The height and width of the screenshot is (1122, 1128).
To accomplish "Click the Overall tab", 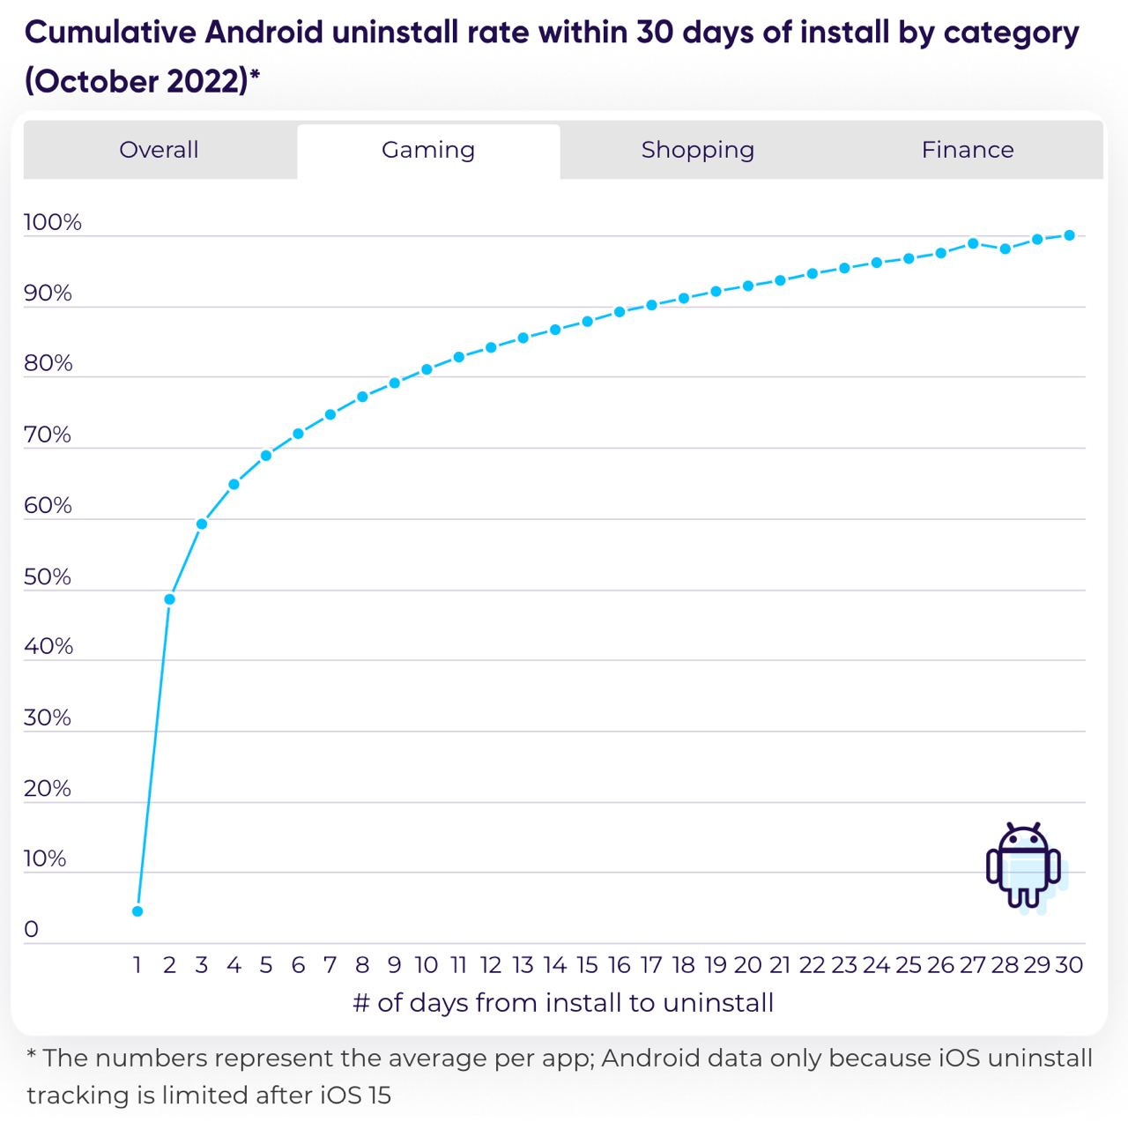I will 159,150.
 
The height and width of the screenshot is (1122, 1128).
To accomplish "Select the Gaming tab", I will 428,150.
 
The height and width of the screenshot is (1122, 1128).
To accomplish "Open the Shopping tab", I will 697,150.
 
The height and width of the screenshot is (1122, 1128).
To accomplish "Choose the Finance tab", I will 967,150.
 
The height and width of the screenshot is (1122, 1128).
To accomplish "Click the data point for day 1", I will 137,911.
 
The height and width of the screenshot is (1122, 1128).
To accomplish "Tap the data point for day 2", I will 170,599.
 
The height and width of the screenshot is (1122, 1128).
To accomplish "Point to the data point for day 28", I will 1005,249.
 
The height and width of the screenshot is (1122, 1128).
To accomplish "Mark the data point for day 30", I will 1069,235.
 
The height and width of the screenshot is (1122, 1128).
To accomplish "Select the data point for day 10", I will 427,369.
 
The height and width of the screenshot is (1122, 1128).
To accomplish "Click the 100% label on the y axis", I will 52,222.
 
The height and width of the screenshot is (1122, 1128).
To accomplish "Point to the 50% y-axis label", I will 48,576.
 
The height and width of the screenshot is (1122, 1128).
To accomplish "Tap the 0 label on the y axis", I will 32,930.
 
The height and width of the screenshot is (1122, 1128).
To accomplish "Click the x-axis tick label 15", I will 587,965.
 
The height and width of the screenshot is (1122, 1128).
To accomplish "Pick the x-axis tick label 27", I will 972,965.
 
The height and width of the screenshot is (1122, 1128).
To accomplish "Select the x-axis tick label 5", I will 266,965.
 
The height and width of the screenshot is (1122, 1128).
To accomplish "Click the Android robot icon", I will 1023,866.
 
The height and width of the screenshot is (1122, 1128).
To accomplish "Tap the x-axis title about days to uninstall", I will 563,1003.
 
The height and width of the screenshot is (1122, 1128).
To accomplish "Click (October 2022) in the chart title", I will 137,81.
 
